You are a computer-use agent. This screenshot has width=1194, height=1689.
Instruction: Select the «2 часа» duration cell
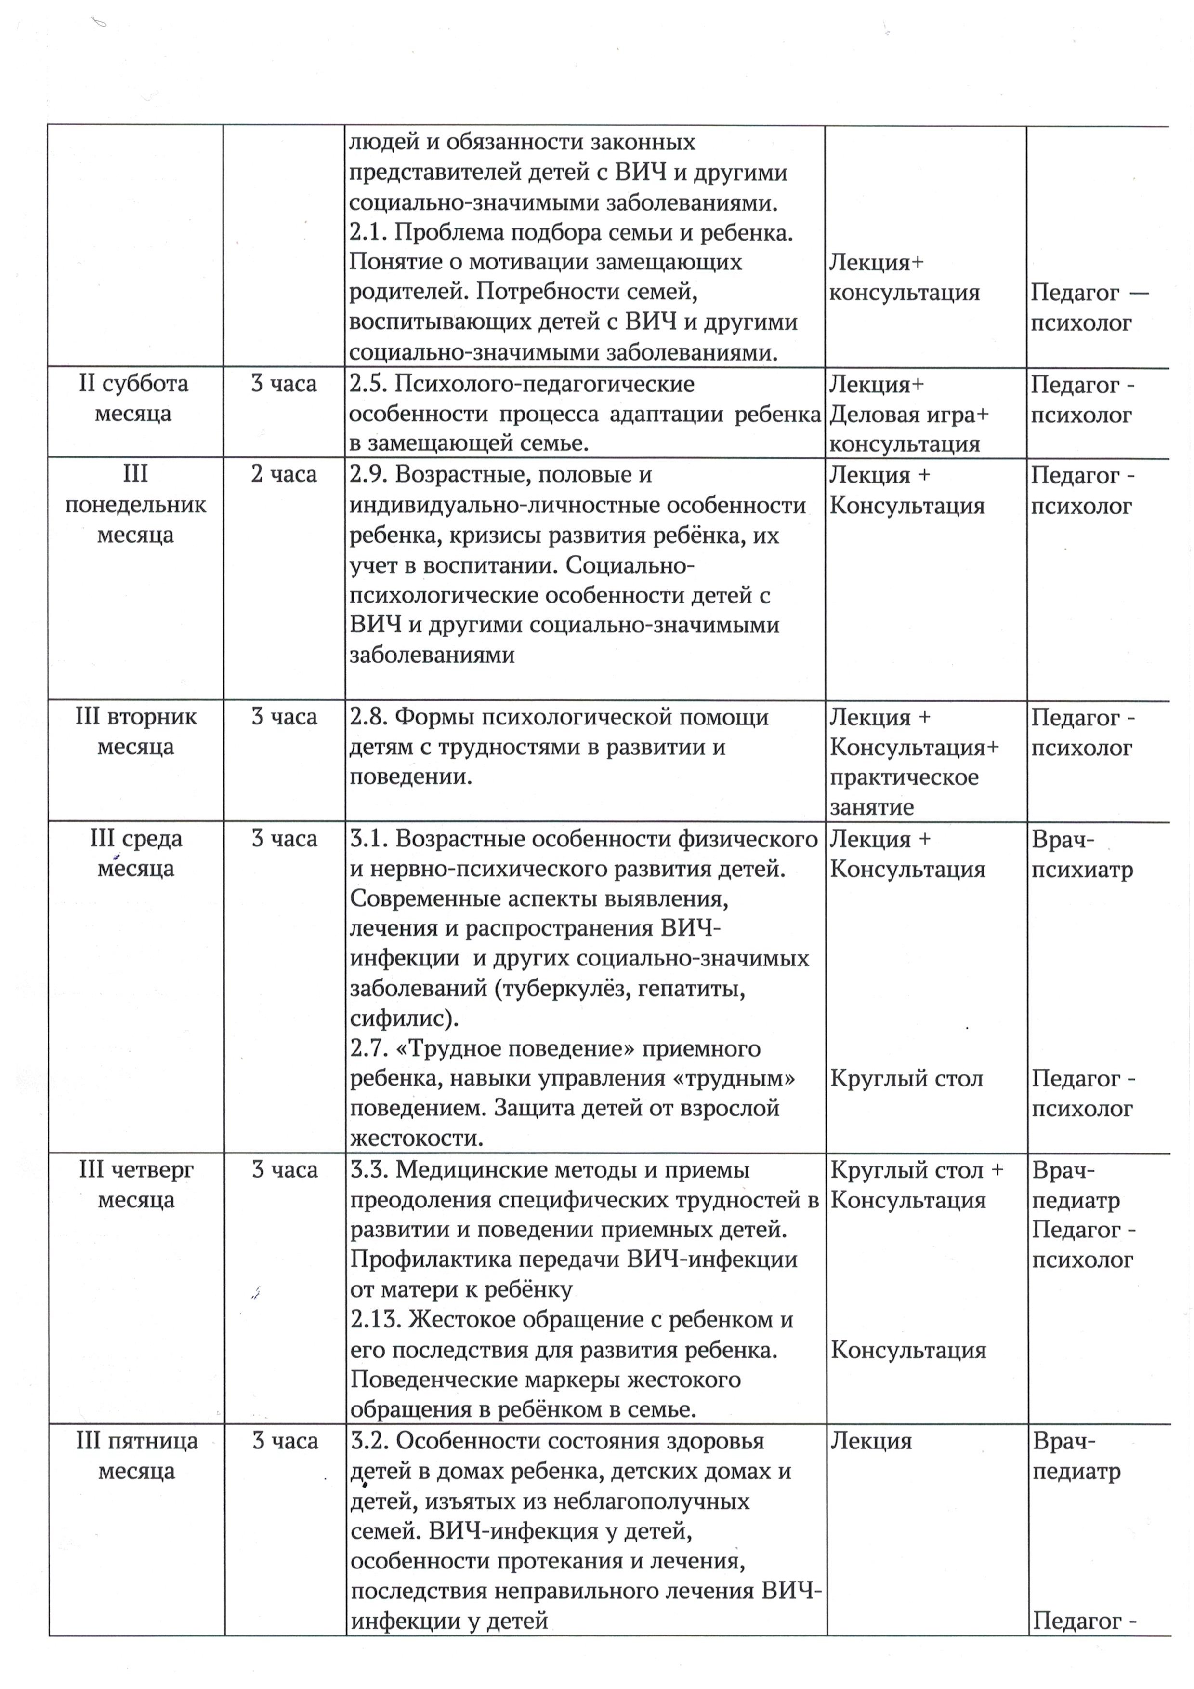coord(284,474)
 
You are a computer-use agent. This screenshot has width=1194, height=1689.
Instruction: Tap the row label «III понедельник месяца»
coord(135,505)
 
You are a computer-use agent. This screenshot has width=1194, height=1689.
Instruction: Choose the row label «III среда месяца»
coord(136,853)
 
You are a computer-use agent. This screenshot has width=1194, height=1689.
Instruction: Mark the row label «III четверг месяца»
coord(136,1184)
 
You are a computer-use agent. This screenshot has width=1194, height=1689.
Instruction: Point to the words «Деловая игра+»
coord(909,415)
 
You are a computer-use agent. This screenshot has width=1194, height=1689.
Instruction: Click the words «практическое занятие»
coord(905,792)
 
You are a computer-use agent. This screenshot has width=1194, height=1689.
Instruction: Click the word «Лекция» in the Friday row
coord(871,1441)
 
